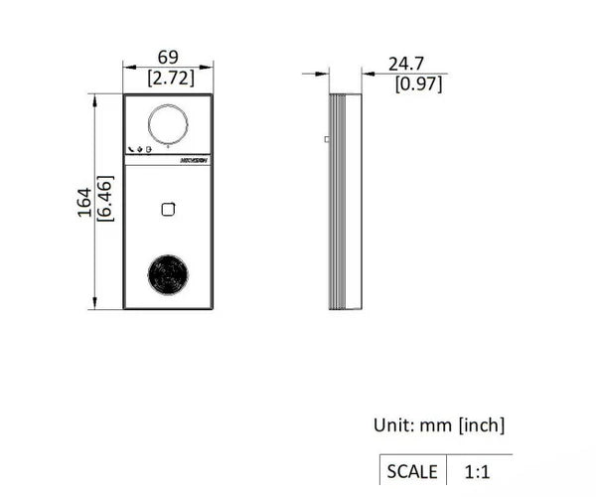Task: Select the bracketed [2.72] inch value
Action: pyautogui.click(x=170, y=78)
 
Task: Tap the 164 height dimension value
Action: pyautogui.click(x=84, y=201)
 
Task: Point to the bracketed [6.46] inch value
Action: pyautogui.click(x=104, y=201)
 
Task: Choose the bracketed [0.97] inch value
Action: pyautogui.click(x=418, y=83)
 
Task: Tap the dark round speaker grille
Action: pyautogui.click(x=168, y=274)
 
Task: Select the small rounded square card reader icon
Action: pyautogui.click(x=168, y=208)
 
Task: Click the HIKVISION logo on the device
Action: pyautogui.click(x=194, y=159)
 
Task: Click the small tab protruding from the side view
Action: pyautogui.click(x=326, y=140)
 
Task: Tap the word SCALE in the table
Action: pyautogui.click(x=411, y=471)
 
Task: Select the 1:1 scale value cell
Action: pyautogui.click(x=479, y=471)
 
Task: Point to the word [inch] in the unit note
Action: pyautogui.click(x=482, y=425)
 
